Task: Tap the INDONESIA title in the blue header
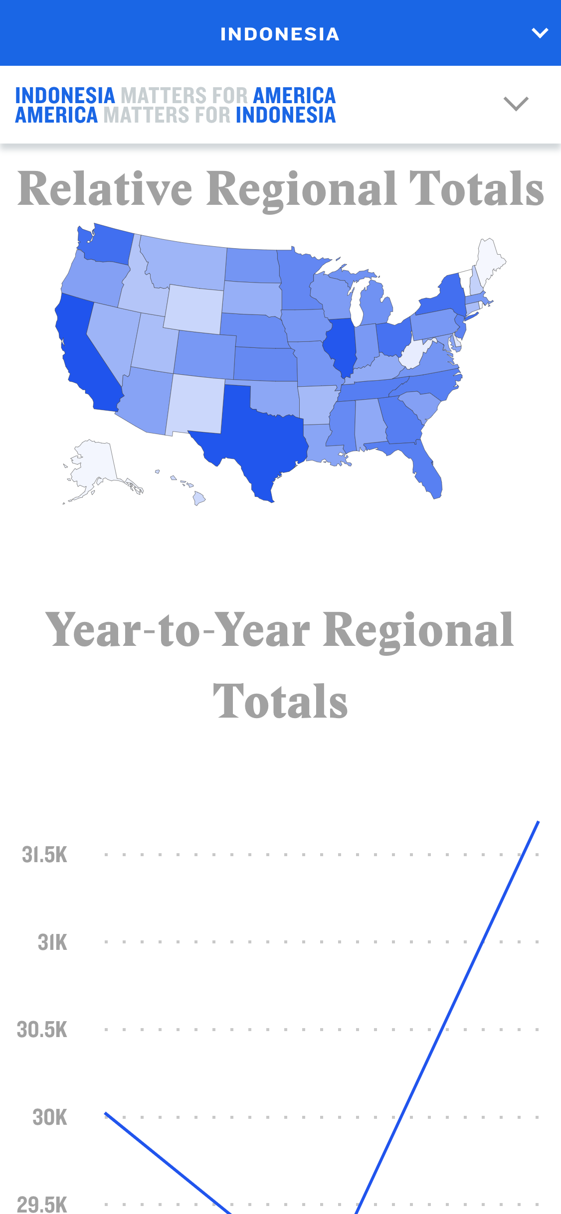280,34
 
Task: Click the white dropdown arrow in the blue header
540,33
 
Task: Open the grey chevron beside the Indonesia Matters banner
516,104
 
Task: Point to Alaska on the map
95,463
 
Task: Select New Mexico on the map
195,404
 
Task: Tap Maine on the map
489,257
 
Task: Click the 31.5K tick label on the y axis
44,855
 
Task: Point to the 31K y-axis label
52,942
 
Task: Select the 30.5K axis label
42,1030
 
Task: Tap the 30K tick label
49,1117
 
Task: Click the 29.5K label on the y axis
42,1204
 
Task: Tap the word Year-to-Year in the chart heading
177,630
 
